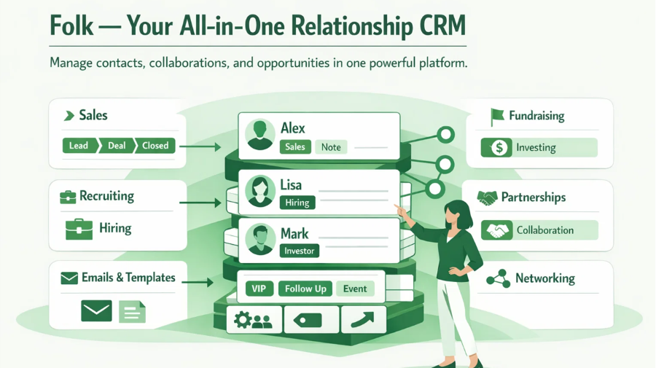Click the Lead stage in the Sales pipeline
click(x=79, y=146)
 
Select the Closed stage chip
click(x=155, y=146)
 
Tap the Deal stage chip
click(x=117, y=146)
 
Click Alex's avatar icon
click(x=259, y=135)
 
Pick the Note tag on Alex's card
click(x=331, y=147)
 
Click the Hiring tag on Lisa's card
click(x=297, y=203)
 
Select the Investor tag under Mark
click(x=299, y=251)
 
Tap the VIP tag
click(x=259, y=289)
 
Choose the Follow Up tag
click(x=305, y=289)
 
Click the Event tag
click(x=355, y=289)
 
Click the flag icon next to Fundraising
click(x=497, y=117)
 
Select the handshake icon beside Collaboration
click(x=497, y=230)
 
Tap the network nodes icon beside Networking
click(x=499, y=279)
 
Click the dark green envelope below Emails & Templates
click(x=97, y=310)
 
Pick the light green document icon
click(x=132, y=312)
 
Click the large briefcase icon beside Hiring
click(x=79, y=229)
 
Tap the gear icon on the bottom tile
click(x=243, y=320)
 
